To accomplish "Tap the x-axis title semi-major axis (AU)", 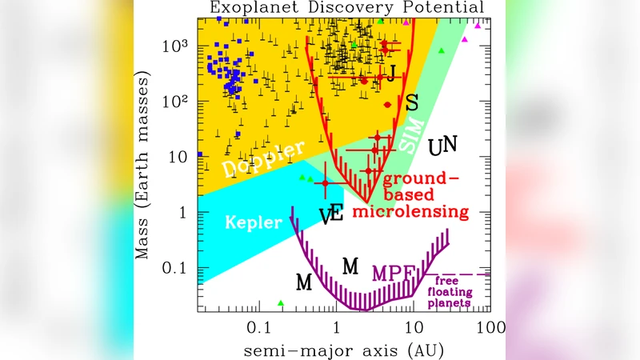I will (x=345, y=350).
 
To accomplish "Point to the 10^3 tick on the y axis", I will (x=175, y=46).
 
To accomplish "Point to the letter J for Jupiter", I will (x=391, y=76).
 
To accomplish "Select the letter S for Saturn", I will (x=411, y=102).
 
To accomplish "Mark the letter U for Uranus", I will (x=435, y=148).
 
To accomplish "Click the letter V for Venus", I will (x=325, y=216).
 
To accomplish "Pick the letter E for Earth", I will (x=337, y=213).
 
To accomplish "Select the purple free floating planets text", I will (x=446, y=291).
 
